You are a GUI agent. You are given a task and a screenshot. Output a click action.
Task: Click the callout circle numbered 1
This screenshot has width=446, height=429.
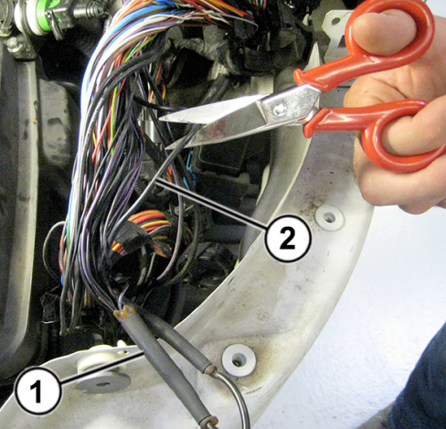(38, 391)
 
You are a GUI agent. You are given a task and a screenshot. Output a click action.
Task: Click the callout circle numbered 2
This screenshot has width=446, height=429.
(288, 238)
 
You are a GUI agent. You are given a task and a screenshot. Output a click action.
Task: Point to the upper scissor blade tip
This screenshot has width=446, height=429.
(160, 119)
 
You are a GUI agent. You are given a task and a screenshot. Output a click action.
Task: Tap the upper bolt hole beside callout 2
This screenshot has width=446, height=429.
(329, 217)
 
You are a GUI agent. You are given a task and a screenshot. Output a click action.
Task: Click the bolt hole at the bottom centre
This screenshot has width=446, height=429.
(239, 360)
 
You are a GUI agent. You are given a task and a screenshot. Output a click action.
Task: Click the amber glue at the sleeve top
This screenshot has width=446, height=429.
(124, 314)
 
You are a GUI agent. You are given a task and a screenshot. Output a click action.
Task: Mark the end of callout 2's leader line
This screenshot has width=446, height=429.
(156, 180)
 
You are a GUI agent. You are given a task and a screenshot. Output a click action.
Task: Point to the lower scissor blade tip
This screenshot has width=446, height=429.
(167, 147)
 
